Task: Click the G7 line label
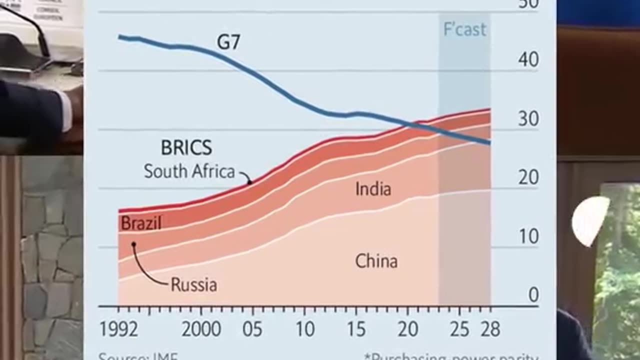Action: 228,42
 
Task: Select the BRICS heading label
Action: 186,148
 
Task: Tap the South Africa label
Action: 189,171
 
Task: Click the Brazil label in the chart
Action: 141,223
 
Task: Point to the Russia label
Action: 194,285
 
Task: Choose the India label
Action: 373,189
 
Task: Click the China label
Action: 376,261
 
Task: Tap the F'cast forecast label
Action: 464,29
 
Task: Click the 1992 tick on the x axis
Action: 118,329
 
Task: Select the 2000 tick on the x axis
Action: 201,329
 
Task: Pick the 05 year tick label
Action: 252,329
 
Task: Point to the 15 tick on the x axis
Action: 355,329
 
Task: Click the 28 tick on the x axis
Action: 490,329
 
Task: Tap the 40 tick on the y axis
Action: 528,60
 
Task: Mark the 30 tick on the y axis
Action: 528,119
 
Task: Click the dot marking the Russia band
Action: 133,244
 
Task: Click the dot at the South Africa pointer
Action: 250,182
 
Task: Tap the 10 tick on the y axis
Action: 528,236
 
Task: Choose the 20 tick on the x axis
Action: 407,329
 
